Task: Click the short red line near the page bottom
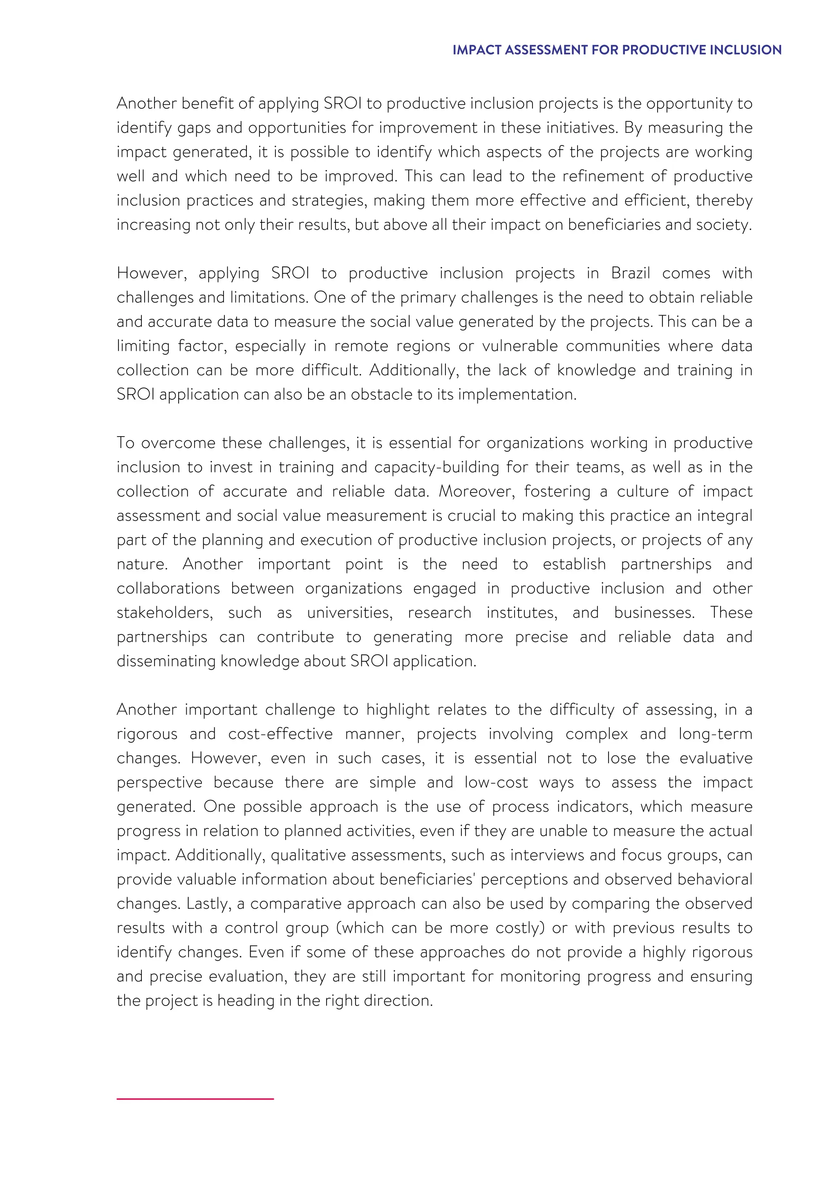195,1099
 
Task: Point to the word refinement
601,176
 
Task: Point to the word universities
349,613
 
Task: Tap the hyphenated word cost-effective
281,734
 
